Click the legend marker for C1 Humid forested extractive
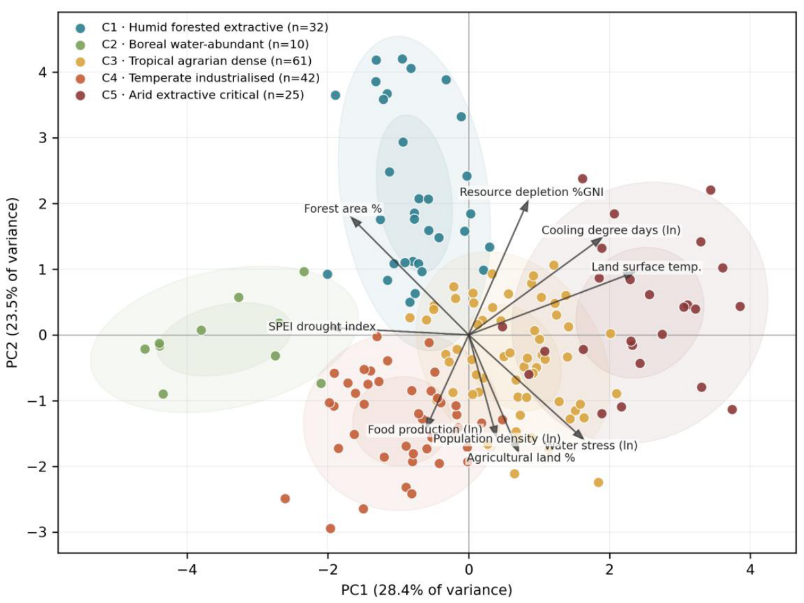click(x=80, y=28)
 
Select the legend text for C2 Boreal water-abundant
click(x=205, y=44)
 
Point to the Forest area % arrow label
click(x=343, y=209)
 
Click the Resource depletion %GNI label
click(x=531, y=192)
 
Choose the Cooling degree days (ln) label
click(x=611, y=230)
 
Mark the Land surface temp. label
click(x=647, y=267)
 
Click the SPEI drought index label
click(x=322, y=326)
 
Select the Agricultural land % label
click(x=520, y=457)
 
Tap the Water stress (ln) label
click(x=591, y=446)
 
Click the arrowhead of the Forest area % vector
click(x=355, y=221)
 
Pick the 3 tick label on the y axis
click(x=43, y=138)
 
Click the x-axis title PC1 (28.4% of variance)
click(x=427, y=590)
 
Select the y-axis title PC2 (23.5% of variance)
click(x=12, y=283)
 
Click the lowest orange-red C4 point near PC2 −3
click(x=330, y=528)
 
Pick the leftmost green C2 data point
click(x=145, y=349)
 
